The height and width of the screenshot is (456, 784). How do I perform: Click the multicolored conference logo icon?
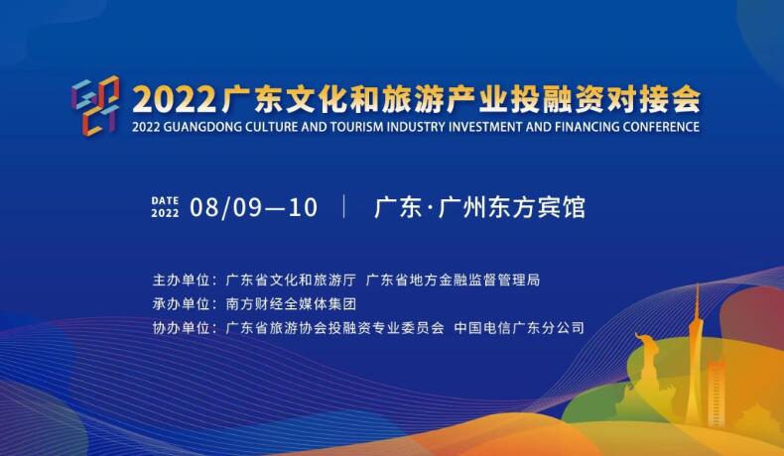(x=95, y=105)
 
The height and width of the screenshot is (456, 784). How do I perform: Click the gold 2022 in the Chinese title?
(x=173, y=99)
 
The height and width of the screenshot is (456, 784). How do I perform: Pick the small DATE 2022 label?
(x=165, y=207)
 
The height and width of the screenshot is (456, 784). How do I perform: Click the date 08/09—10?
(x=253, y=207)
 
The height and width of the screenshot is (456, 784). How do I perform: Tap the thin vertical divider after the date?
(x=344, y=207)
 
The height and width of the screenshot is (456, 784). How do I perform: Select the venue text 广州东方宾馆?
(x=511, y=208)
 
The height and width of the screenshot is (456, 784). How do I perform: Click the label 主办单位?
(x=181, y=280)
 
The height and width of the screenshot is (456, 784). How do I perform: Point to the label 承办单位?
(x=181, y=303)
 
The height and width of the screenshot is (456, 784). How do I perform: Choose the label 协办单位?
(x=181, y=328)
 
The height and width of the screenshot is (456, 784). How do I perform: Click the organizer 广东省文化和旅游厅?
(x=291, y=280)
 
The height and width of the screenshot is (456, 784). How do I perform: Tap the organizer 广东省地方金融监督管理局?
(x=453, y=280)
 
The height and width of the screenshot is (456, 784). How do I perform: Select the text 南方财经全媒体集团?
(x=291, y=303)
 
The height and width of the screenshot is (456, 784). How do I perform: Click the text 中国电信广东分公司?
(x=519, y=328)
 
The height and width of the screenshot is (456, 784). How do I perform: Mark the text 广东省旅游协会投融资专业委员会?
(x=335, y=328)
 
